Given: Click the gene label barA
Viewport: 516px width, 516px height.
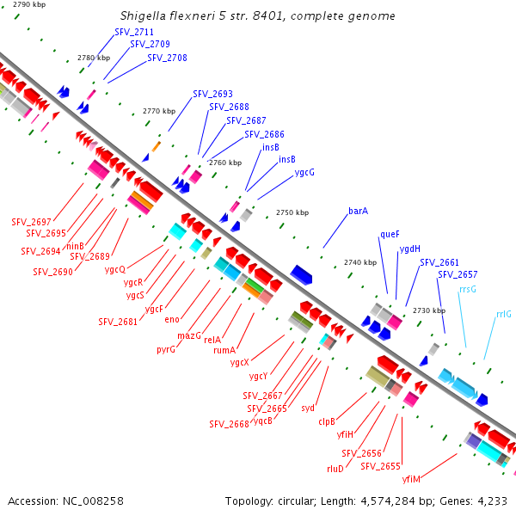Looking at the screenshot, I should [358, 211].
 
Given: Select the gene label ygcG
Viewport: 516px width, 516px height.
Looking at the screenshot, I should [304, 172].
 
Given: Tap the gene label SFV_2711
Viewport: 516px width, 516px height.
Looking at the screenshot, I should [134, 32].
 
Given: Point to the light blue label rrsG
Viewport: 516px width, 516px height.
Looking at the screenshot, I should [468, 290].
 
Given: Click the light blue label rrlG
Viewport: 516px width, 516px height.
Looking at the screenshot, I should [503, 315].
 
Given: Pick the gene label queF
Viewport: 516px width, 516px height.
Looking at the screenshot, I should [390, 234].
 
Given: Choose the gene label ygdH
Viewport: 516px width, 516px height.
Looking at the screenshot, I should [409, 249].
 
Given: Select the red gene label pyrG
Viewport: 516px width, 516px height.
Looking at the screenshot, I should [166, 350].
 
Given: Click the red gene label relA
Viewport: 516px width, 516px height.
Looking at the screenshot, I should [212, 340].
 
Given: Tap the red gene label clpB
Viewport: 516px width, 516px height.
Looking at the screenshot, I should [327, 421].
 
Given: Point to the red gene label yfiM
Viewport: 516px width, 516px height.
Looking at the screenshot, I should [410, 479].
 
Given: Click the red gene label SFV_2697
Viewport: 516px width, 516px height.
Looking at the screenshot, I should [31, 222].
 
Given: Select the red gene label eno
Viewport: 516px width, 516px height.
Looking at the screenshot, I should [172, 320].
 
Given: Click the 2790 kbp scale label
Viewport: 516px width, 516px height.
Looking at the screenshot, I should [28, 5].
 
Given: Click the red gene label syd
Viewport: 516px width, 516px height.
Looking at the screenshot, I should [308, 408].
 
